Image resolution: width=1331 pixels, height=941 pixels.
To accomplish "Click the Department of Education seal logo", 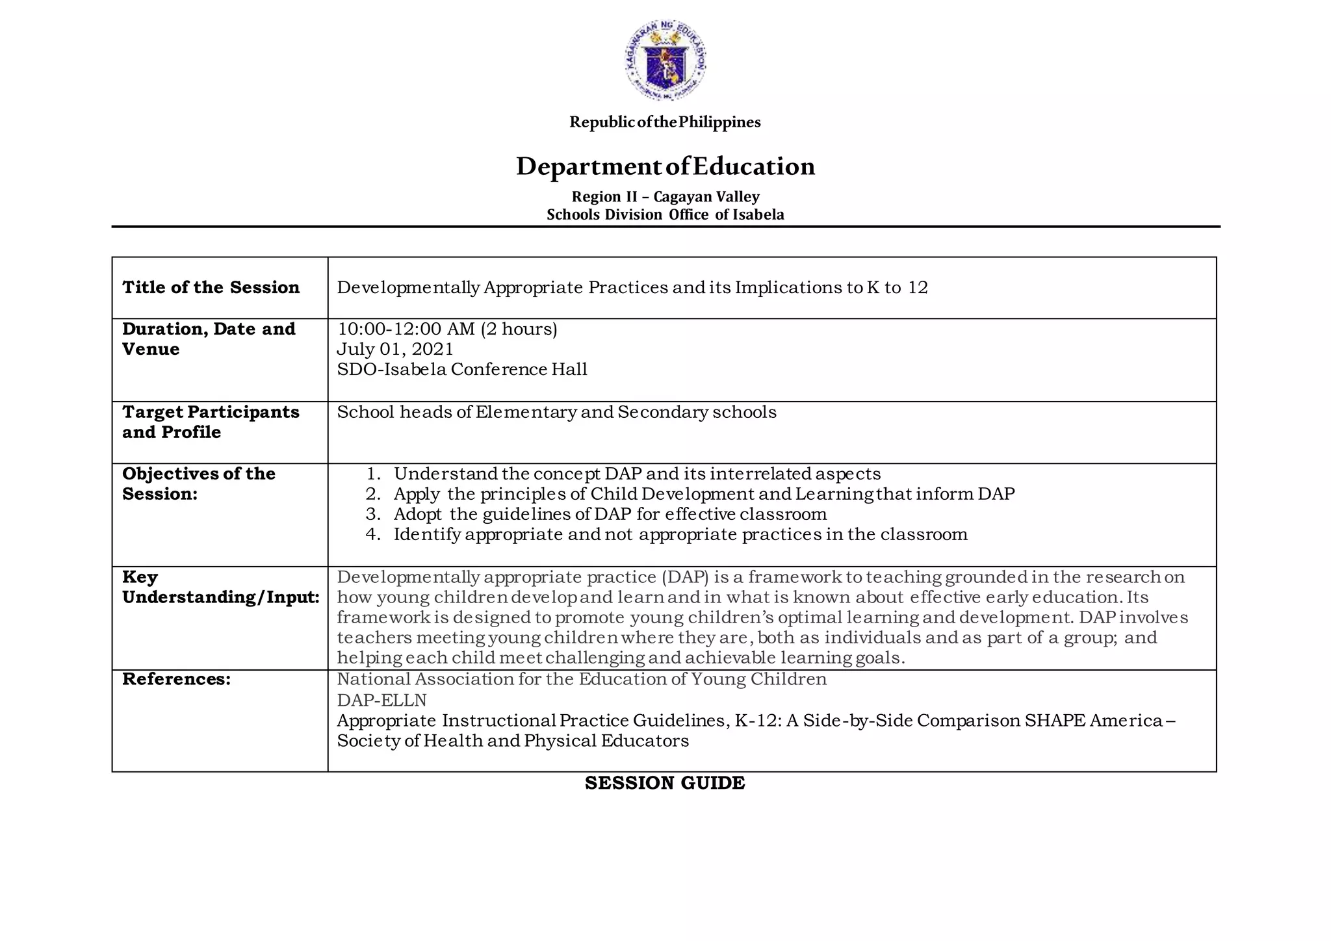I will pos(665,60).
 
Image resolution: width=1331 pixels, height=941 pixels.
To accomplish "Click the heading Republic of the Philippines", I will pos(665,122).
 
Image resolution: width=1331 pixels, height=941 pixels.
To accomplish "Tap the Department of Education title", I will pos(665,166).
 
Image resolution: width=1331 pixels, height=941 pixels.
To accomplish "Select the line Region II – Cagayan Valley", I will pos(665,196).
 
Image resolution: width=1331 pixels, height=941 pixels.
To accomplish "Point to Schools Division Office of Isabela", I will pos(665,214).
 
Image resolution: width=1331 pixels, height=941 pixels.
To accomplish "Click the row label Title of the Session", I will pos(211,287).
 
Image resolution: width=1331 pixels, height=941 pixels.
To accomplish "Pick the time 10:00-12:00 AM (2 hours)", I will pos(447,329).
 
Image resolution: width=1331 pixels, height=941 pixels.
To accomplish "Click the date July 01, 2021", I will pos(395,349).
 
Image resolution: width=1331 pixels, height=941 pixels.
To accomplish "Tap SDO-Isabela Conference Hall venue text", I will pos(462,369).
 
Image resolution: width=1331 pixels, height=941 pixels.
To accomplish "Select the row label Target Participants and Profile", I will pos(211,422).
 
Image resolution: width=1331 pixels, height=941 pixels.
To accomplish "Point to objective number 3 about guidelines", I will pos(610,514).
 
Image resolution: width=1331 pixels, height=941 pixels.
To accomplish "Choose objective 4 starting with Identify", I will pos(680,534).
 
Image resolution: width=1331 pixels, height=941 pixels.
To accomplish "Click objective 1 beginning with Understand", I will pos(637,474).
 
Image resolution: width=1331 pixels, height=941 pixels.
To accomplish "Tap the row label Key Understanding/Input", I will pos(220,587).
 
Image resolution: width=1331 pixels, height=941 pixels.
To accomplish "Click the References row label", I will pos(176,679).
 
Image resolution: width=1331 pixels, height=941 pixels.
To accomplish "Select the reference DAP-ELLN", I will pos(381,700).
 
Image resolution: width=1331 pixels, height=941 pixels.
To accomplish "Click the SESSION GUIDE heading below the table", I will pos(665,783).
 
